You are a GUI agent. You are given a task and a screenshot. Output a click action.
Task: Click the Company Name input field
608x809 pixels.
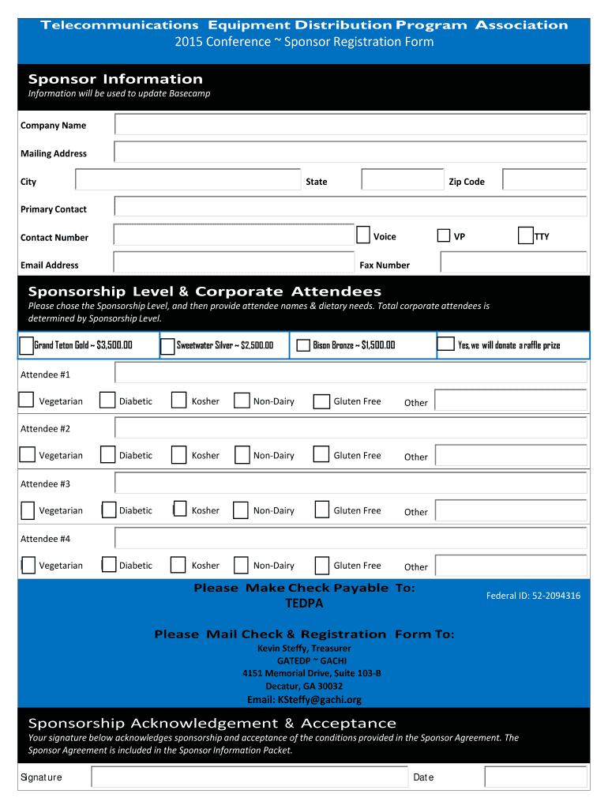pyautogui.click(x=351, y=125)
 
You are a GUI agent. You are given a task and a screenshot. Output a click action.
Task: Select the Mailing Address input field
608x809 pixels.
pyautogui.click(x=351, y=152)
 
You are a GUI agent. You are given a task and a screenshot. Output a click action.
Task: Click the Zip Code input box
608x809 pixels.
pyautogui.click(x=544, y=181)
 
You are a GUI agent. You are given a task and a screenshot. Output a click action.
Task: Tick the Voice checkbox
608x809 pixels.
pyautogui.click(x=363, y=235)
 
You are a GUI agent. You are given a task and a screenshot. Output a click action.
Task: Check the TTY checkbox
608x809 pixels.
pyautogui.click(x=525, y=235)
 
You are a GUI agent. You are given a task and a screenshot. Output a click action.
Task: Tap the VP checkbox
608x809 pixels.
pyautogui.click(x=444, y=235)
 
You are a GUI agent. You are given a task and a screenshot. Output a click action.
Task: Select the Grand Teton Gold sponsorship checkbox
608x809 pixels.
pyautogui.click(x=27, y=345)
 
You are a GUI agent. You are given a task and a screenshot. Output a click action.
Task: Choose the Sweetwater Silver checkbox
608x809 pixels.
pyautogui.click(x=167, y=346)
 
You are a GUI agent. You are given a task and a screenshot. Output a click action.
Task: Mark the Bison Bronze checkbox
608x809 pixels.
pyautogui.click(x=303, y=345)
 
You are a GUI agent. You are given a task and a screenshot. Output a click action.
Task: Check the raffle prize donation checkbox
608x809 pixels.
pyautogui.click(x=446, y=344)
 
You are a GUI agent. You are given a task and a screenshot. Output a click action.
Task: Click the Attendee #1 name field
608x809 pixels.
pyautogui.click(x=351, y=373)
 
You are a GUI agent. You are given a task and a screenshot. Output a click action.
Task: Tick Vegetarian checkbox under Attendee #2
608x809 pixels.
pyautogui.click(x=28, y=455)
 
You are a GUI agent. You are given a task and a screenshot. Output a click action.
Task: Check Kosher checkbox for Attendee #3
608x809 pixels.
pyautogui.click(x=179, y=510)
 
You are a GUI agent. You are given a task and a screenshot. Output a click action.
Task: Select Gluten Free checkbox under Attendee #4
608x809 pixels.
pyautogui.click(x=321, y=566)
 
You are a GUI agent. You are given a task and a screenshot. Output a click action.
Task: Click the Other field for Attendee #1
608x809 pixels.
pyautogui.click(x=510, y=401)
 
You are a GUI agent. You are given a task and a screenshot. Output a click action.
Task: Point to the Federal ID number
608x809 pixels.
pyautogui.click(x=533, y=596)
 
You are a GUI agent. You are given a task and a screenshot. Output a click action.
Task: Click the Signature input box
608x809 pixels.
pyautogui.click(x=249, y=777)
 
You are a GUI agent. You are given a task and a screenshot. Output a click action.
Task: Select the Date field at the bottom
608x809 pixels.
pyautogui.click(x=535, y=777)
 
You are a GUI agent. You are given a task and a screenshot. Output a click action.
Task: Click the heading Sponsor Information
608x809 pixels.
pyautogui.click(x=115, y=79)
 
